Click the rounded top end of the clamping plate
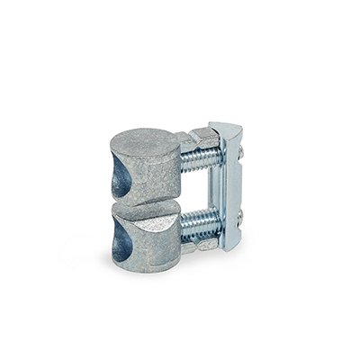click(224, 130)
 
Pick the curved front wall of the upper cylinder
click(153, 175)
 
